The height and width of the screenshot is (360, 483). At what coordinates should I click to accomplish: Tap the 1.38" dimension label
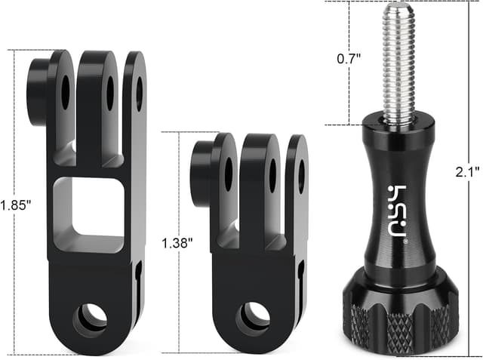tap(177, 243)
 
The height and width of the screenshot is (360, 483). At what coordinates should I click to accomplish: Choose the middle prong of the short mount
tap(261, 181)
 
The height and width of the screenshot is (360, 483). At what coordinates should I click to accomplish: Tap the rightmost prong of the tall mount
tap(136, 113)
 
